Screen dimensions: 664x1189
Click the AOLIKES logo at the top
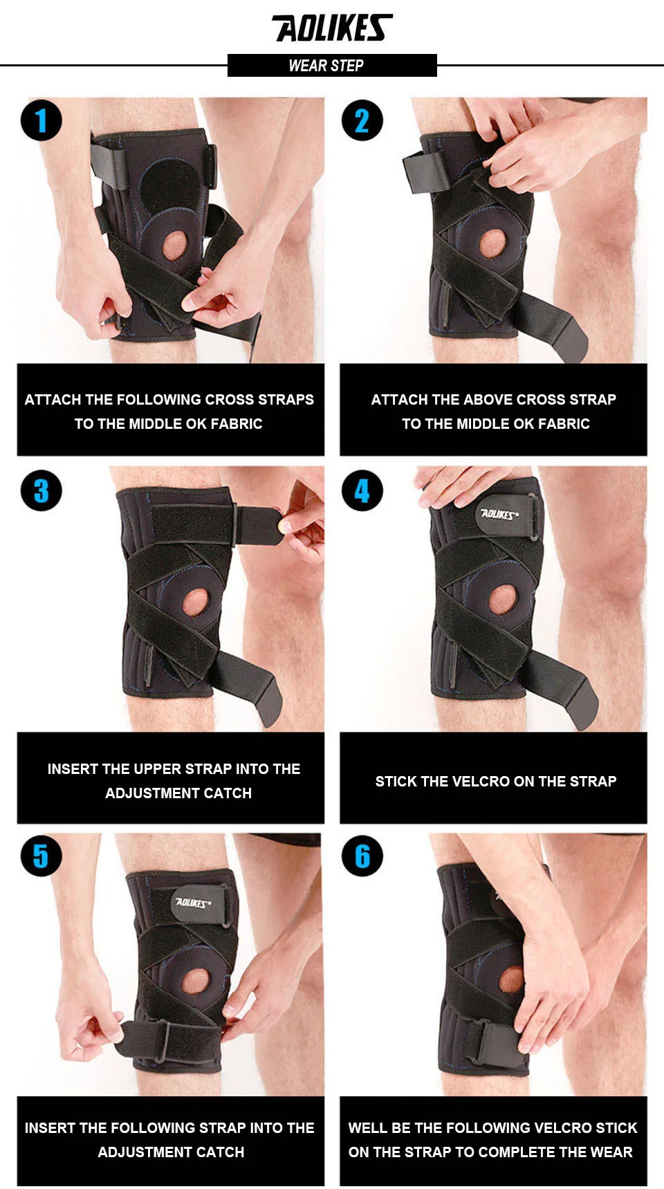point(332,28)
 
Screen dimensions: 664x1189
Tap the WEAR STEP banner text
point(326,66)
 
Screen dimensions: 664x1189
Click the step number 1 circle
point(41,120)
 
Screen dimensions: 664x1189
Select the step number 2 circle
point(362,120)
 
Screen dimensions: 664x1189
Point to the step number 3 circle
point(41,490)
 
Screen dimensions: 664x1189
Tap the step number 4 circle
point(362,490)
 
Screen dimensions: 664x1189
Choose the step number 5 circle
point(41,856)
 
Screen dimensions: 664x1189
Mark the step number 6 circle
point(362,856)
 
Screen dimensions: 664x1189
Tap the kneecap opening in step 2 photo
point(493,243)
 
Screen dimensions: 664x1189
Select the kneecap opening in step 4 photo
point(503,600)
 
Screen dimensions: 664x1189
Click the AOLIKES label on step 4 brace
point(499,514)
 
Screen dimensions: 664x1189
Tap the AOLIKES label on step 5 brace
point(193,903)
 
